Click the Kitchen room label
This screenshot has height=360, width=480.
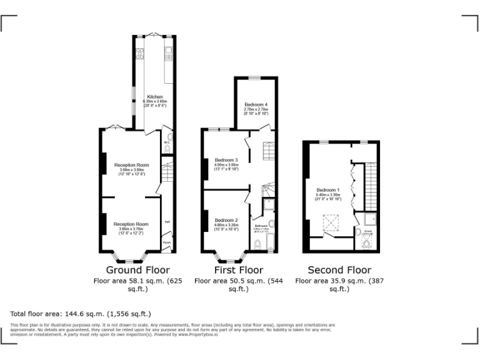click(x=155, y=97)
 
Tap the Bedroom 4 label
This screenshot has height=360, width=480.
click(x=256, y=104)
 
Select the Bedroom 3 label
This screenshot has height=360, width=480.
click(x=226, y=160)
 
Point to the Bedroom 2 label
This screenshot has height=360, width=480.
click(x=226, y=220)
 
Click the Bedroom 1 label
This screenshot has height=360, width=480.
click(x=328, y=189)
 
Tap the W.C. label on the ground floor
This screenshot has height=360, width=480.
click(x=167, y=142)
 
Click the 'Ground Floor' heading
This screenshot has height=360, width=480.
click(x=137, y=270)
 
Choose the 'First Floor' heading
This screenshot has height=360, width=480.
click(x=239, y=270)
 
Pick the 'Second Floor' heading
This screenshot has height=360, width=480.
click(x=341, y=270)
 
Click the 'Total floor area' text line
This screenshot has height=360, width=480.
click(x=81, y=313)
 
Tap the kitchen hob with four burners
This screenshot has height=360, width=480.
click(x=139, y=52)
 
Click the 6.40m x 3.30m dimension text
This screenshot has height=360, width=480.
click(x=328, y=194)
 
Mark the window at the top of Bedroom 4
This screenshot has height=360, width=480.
click(x=256, y=77)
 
